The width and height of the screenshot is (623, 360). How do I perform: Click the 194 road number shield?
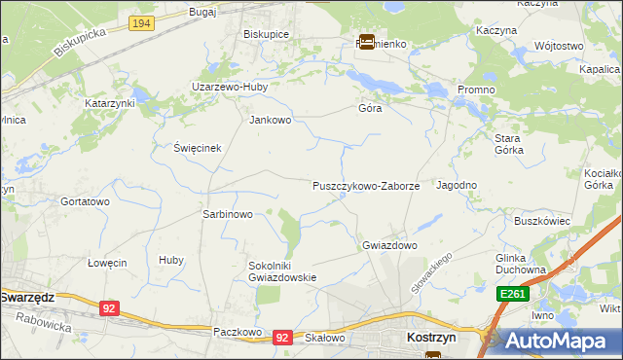(x=142, y=21)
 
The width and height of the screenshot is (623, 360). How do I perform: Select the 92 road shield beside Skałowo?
(x=283, y=337)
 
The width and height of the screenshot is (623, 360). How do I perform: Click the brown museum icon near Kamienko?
(x=367, y=42)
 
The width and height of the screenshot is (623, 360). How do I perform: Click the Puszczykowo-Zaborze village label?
(x=366, y=185)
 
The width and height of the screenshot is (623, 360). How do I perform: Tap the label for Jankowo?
(x=271, y=121)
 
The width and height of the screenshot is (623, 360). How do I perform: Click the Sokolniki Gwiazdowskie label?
(x=282, y=270)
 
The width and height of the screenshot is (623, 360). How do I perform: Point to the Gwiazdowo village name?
(x=389, y=245)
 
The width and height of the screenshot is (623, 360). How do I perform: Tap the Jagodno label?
(x=457, y=185)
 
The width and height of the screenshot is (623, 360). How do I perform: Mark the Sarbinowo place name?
(x=227, y=214)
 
